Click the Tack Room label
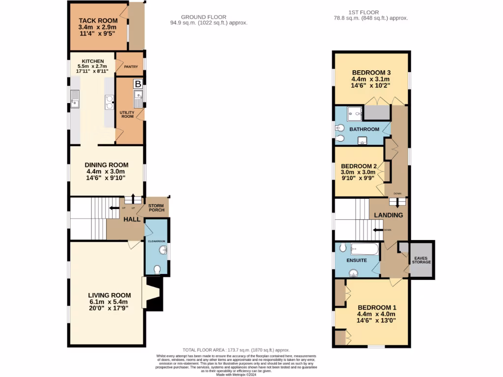click(x=97, y=21)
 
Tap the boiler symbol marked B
click(x=138, y=84)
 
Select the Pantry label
click(x=131, y=67)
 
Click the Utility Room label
click(x=127, y=115)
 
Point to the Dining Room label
click(x=107, y=165)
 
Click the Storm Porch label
click(x=156, y=207)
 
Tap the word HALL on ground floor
click(x=132, y=219)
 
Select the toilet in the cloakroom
click(x=157, y=269)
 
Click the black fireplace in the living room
click(x=153, y=294)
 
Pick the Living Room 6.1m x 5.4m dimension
click(x=108, y=302)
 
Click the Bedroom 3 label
click(x=370, y=72)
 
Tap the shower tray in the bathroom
click(x=353, y=114)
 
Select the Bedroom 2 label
click(x=359, y=166)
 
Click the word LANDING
click(x=388, y=215)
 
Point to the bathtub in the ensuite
click(x=364, y=249)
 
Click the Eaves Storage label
click(x=422, y=260)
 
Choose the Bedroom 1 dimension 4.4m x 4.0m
click(x=376, y=314)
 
